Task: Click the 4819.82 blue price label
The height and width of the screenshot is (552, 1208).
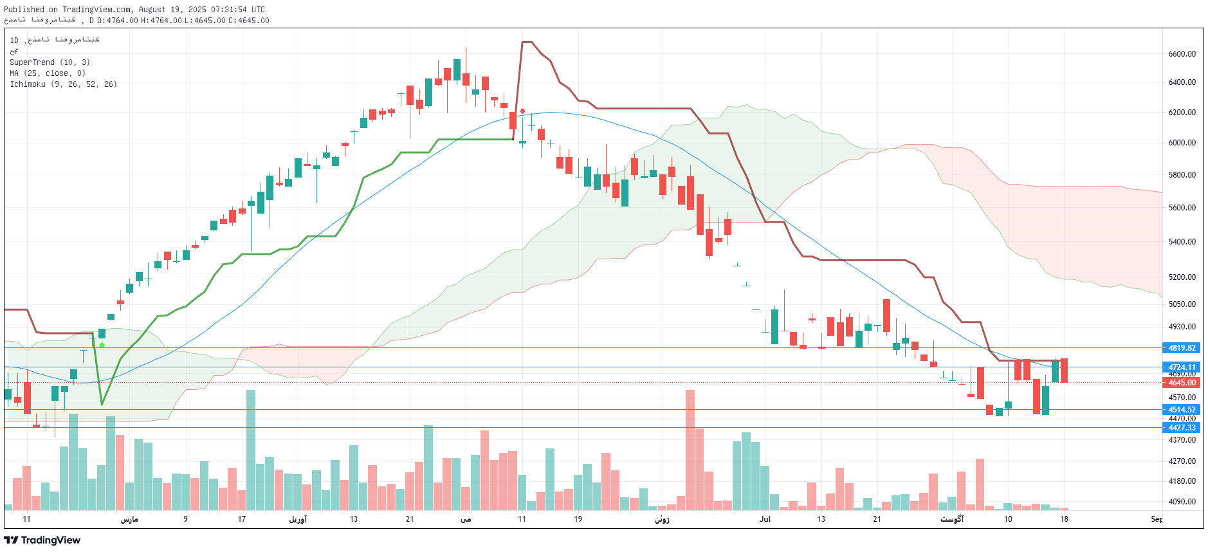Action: point(1182,348)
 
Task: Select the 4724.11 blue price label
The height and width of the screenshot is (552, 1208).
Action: point(1182,367)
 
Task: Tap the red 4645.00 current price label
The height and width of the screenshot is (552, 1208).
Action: point(1182,383)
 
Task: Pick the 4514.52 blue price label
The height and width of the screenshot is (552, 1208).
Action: point(1182,410)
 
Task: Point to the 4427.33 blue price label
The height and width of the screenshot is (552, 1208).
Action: point(1182,428)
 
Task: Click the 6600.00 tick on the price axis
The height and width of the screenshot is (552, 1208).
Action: point(1182,54)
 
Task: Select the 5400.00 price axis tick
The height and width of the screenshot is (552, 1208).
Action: point(1182,242)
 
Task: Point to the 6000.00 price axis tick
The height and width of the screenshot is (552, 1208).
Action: point(1182,143)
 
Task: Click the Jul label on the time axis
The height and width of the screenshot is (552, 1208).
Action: point(765,519)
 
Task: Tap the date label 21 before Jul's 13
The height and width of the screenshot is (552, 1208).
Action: point(410,519)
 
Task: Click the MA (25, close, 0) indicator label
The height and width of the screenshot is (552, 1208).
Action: point(48,73)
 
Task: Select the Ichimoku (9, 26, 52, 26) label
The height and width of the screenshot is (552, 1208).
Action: point(63,84)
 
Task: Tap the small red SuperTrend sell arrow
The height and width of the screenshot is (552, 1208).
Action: point(522,111)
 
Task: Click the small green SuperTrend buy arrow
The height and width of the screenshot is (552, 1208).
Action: point(102,345)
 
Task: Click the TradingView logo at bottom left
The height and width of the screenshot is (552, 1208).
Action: point(42,540)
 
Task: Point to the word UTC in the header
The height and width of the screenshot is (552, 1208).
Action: point(257,10)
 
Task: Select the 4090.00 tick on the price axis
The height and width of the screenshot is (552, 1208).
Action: point(1182,502)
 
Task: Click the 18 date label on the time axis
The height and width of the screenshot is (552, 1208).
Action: point(1064,519)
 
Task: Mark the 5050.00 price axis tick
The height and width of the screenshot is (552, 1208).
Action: point(1182,304)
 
